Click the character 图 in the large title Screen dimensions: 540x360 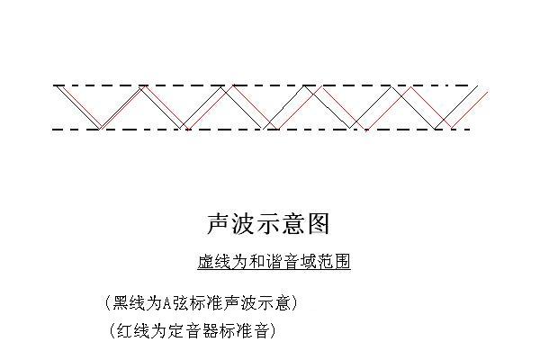(x=318, y=224)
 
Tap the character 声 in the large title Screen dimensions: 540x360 (x=219, y=224)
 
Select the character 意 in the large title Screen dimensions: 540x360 (x=292, y=224)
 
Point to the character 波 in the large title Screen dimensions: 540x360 (x=243, y=224)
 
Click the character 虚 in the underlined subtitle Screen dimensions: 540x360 (x=205, y=262)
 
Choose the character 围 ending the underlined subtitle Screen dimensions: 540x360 (x=342, y=262)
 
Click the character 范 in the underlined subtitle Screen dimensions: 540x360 (x=325, y=262)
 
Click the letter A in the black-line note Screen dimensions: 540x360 (x=166, y=303)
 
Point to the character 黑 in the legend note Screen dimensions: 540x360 (x=121, y=303)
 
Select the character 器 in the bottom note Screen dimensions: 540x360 (x=211, y=331)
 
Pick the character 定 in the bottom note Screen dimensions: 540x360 (x=176, y=331)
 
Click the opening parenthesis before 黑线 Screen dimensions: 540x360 (x=109, y=303)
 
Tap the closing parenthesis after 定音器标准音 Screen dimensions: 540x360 (x=273, y=331)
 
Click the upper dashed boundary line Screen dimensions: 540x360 (x=261, y=85)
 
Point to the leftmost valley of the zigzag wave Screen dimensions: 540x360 (x=100, y=129)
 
